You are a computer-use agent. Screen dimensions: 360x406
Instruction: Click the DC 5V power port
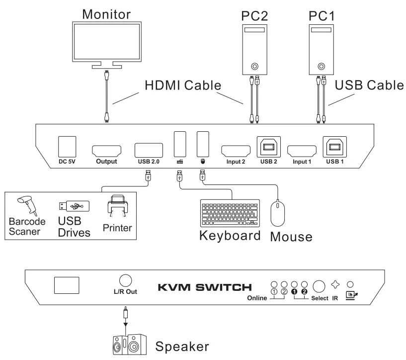(x=67, y=146)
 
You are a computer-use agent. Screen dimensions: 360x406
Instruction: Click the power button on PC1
(x=322, y=66)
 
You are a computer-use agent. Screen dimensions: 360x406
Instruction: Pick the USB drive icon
(x=72, y=205)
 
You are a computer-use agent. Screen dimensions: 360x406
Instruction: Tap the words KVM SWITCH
(x=205, y=287)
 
